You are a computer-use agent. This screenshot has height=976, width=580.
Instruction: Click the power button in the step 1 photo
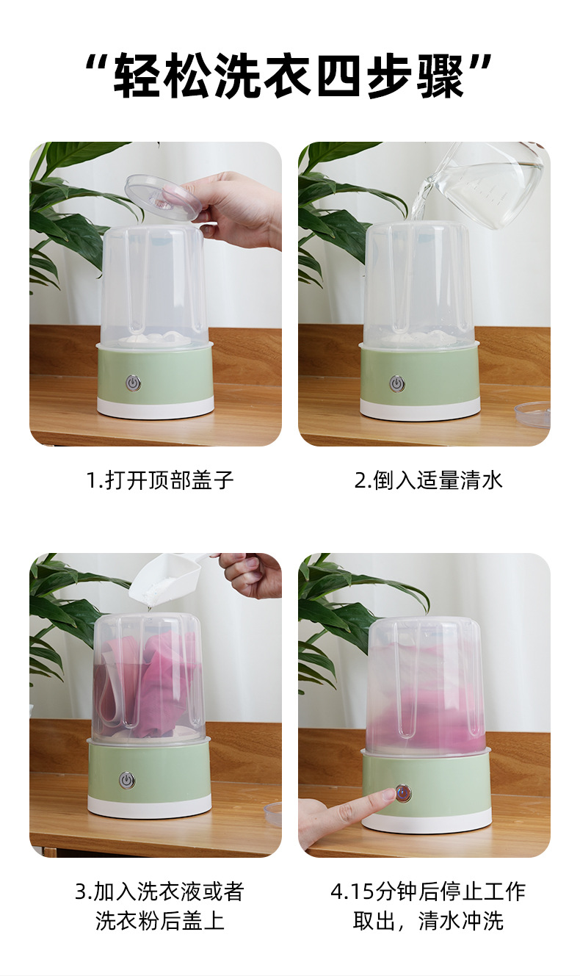(133, 383)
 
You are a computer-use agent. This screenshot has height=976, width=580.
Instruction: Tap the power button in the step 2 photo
(396, 384)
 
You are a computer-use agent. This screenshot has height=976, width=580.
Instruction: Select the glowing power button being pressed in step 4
(403, 792)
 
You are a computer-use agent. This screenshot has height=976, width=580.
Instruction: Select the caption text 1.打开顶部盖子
(160, 480)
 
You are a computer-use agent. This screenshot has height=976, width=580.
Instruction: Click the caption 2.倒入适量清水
(429, 480)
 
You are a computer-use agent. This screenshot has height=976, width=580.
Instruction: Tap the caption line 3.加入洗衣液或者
(160, 891)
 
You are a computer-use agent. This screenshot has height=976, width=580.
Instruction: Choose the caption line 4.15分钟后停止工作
(428, 891)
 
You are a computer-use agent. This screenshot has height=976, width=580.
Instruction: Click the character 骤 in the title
(441, 75)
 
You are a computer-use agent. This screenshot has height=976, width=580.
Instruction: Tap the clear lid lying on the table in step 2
(532, 414)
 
